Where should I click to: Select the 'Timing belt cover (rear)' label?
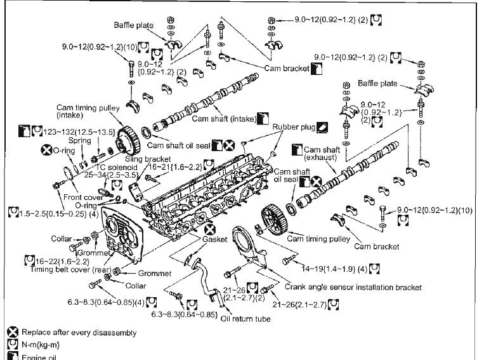(65, 269)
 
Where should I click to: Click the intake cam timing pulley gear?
(130, 135)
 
